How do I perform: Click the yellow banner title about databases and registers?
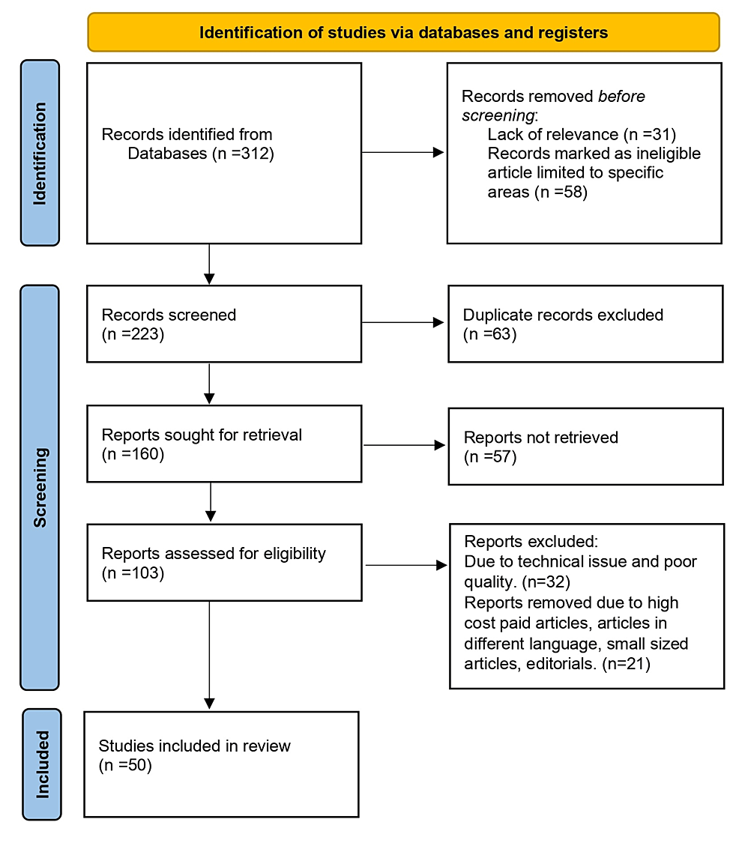pyautogui.click(x=403, y=33)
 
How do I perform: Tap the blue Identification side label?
pyautogui.click(x=40, y=153)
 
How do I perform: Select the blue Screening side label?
pyautogui.click(x=40, y=488)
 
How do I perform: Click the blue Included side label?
pyautogui.click(x=42, y=764)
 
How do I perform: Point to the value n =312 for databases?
pyautogui.click(x=244, y=154)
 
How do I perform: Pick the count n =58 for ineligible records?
pyautogui.click(x=561, y=192)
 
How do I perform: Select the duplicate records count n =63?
pyautogui.click(x=490, y=334)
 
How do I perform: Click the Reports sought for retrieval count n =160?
pyautogui.click(x=133, y=454)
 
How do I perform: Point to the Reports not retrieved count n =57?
pyautogui.click(x=490, y=457)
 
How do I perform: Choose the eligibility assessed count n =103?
pyautogui.click(x=133, y=573)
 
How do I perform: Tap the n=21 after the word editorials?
pyautogui.click(x=626, y=664)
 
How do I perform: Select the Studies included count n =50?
pyautogui.click(x=125, y=765)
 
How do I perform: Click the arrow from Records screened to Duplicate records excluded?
pyautogui.click(x=402, y=322)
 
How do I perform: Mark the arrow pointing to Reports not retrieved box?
pyautogui.click(x=405, y=445)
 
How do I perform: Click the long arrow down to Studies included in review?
pyautogui.click(x=209, y=655)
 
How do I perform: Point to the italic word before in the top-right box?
pyautogui.click(x=621, y=96)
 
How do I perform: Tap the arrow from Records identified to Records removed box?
pyautogui.click(x=402, y=153)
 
